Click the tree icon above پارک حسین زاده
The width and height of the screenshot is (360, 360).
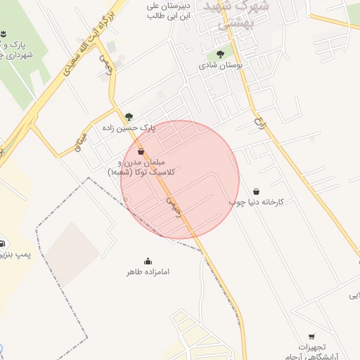[129, 117]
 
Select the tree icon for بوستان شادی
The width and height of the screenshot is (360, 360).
[220, 54]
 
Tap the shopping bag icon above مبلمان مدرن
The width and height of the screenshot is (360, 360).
[141, 151]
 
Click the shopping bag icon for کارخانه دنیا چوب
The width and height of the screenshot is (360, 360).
[255, 191]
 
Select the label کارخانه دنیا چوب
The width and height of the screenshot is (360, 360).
[256, 202]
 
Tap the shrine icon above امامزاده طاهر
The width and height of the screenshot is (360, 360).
[148, 260]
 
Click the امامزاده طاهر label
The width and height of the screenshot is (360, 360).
[148, 271]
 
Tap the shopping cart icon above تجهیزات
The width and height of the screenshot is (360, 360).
[311, 336]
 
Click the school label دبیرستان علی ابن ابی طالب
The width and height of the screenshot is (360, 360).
[167, 8]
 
